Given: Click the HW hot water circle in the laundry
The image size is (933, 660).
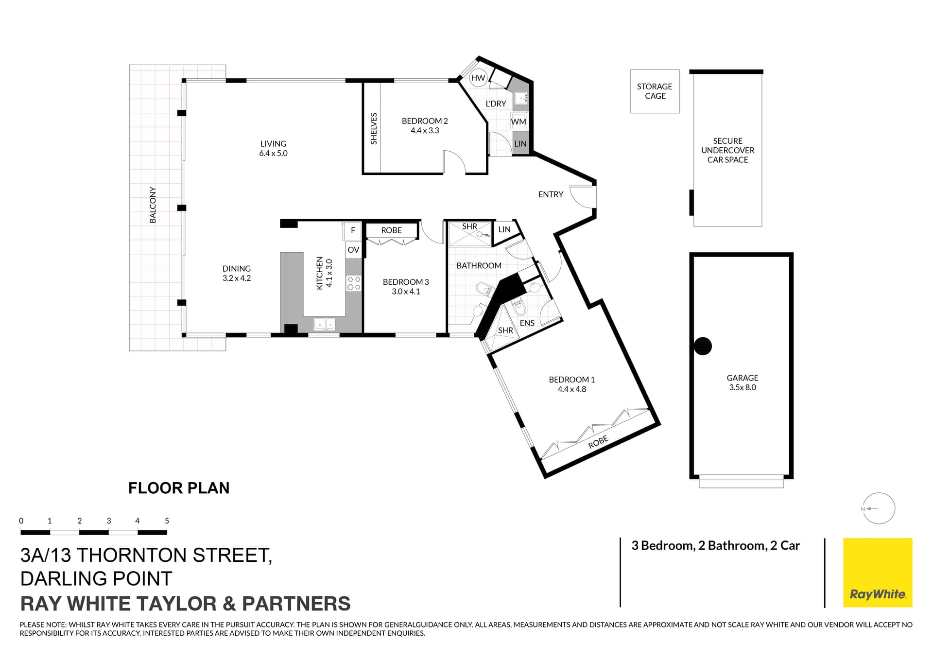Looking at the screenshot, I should tap(478, 78).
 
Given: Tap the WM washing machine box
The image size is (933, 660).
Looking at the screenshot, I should tap(518, 122).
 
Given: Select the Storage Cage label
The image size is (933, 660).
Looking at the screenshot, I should tap(655, 91).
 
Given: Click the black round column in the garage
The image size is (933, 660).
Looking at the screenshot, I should tap(702, 346).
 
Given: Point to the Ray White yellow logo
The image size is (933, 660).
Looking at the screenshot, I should tap(877, 573).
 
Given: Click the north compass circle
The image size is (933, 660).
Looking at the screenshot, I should tap(880, 508).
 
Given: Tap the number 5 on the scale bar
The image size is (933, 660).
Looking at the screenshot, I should tap(167, 521).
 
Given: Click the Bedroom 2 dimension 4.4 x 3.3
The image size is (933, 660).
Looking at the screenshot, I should tap(424, 130).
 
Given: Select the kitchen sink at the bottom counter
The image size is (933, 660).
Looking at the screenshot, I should tap(324, 324).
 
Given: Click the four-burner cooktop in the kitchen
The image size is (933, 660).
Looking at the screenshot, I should tap(353, 283).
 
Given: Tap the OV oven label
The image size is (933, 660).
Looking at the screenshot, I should tap(353, 250).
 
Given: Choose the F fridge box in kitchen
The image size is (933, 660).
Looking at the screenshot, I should tap(353, 230).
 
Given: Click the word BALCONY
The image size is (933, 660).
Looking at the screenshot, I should tap(153, 205).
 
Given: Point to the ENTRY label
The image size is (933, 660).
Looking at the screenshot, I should tap(551, 194).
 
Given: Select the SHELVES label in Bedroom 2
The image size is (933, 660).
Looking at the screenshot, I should tap(374, 129).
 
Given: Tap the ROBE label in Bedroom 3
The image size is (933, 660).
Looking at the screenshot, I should tap(391, 230).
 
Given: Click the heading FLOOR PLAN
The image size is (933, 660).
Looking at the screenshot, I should tap(179, 488).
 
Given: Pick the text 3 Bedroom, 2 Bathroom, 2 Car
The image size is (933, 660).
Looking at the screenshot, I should tap(715, 546).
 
